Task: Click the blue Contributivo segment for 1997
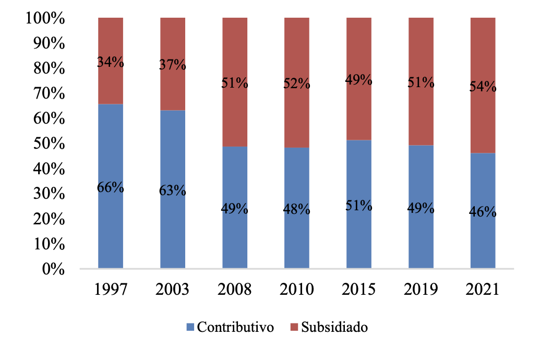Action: tap(111, 230)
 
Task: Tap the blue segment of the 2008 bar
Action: tap(235, 240)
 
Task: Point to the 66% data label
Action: tap(111, 187)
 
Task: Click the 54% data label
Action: tap(483, 87)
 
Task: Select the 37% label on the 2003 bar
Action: tap(173, 65)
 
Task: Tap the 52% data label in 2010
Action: tap(297, 83)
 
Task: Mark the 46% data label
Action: tap(483, 212)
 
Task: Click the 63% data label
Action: tap(173, 190)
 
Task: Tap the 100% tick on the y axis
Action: tap(44, 19)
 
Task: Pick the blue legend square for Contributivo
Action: tap(190, 328)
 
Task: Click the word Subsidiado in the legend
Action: tap(334, 328)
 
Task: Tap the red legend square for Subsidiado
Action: tap(294, 328)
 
